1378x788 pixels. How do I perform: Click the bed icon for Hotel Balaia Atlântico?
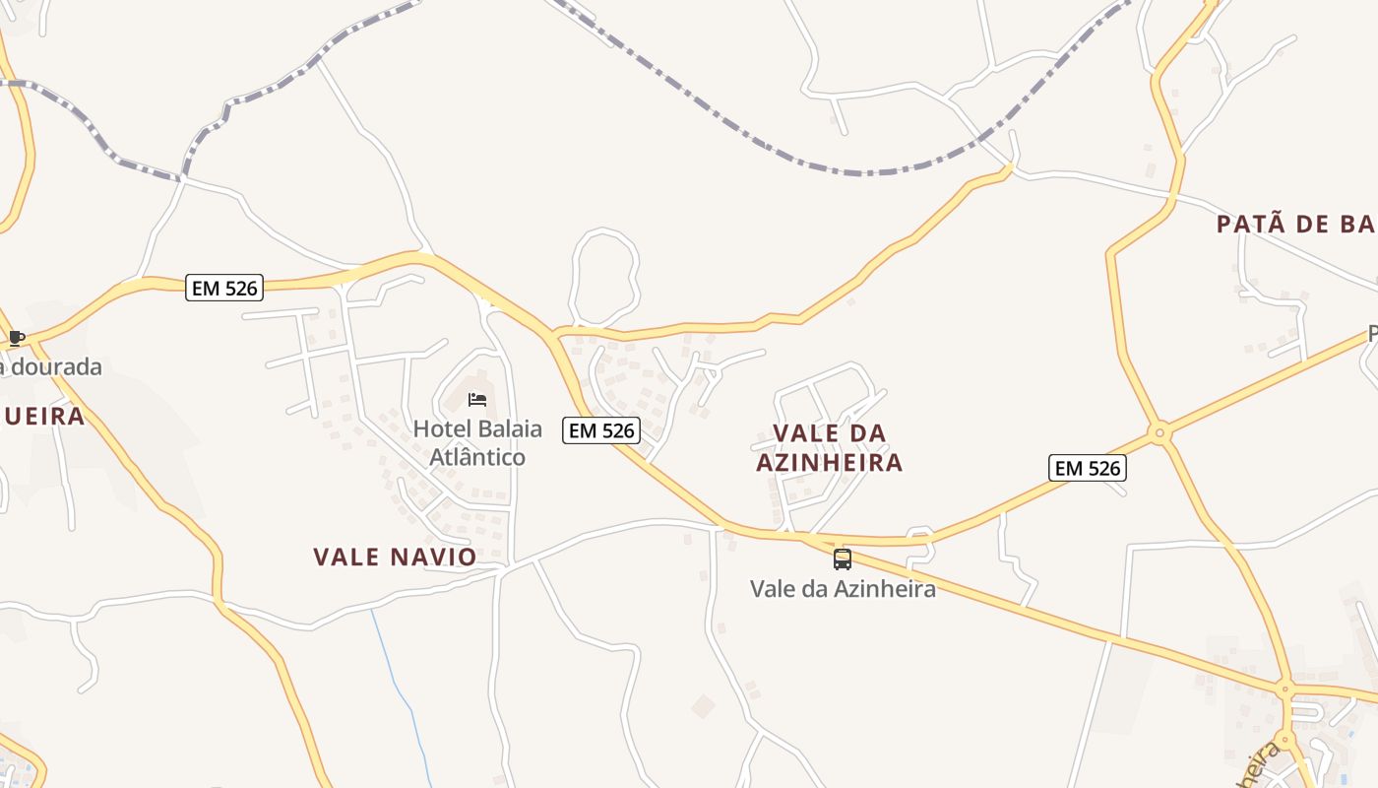(477, 399)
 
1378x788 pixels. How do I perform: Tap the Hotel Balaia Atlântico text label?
(477, 442)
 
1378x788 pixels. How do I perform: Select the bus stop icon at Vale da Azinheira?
(843, 559)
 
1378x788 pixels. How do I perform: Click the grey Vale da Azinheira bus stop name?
(843, 589)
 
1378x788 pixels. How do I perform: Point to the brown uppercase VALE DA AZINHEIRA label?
(829, 447)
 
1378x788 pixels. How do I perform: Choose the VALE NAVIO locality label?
(395, 557)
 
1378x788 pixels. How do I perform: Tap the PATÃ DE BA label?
(1294, 225)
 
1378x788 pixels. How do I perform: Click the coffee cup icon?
(16, 339)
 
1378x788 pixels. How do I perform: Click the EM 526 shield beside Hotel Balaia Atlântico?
(601, 429)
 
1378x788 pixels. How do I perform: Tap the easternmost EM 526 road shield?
(1087, 468)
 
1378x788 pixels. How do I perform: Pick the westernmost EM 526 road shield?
(224, 288)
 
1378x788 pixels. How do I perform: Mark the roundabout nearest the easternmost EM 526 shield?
(1160, 431)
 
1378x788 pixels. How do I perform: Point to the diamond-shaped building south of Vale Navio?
(703, 706)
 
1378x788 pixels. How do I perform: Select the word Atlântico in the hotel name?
(477, 457)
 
